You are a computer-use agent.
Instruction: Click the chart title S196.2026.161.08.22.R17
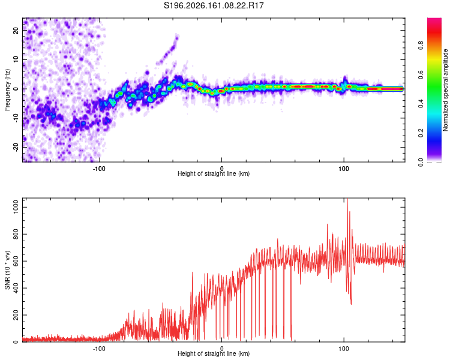coord(214,5)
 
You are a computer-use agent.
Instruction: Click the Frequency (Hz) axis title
coord(7,90)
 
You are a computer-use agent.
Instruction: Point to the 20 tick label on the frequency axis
coord(16,31)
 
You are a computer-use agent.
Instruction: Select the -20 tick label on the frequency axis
coord(16,148)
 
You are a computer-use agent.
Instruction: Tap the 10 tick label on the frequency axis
coord(16,59)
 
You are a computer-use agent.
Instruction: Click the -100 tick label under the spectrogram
coord(99,169)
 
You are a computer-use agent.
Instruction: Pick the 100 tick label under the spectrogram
coord(344,169)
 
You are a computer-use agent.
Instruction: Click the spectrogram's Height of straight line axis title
coord(214,173)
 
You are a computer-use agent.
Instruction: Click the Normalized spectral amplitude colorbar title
coord(445,90)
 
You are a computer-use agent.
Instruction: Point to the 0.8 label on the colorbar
coord(421,45)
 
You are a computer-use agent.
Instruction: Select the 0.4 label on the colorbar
coord(421,104)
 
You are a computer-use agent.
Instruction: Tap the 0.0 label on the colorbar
coord(421,162)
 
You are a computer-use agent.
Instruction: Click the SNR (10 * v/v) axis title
coord(7,270)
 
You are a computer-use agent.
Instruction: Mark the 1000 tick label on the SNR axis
coord(16,207)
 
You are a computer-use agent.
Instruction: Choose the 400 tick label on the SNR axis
coord(16,288)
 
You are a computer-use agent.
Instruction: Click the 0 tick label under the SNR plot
coord(221,349)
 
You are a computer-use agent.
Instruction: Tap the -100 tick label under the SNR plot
coord(99,349)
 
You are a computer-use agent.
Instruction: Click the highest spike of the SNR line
coord(347,199)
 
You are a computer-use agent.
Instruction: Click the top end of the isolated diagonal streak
coord(177,35)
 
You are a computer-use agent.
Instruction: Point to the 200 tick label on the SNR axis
coord(16,315)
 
